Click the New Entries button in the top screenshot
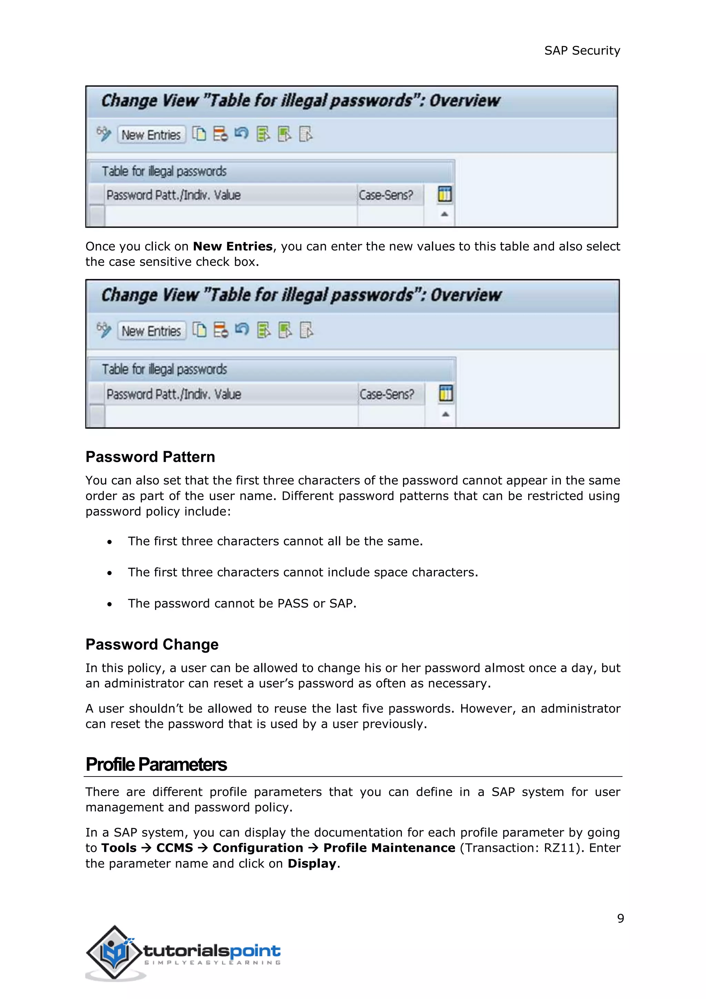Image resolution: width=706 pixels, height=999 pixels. click(151, 135)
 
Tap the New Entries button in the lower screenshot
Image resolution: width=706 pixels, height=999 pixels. click(151, 331)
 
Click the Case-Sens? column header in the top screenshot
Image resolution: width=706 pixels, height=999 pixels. click(386, 195)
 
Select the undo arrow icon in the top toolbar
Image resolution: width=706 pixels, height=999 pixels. click(241, 133)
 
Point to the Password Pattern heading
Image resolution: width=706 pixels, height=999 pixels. click(150, 457)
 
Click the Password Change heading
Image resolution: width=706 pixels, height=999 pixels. click(152, 644)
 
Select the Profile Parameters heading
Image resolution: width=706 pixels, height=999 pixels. click(156, 764)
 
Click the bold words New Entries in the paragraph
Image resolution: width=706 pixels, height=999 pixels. click(233, 246)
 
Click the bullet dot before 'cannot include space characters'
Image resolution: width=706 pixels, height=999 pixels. click(110, 573)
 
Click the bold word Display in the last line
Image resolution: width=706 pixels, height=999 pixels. click(312, 864)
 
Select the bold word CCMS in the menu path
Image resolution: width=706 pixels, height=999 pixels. click(174, 848)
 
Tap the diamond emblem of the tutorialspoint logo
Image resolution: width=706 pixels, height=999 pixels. click(114, 952)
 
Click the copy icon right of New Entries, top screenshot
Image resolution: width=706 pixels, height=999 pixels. click(199, 133)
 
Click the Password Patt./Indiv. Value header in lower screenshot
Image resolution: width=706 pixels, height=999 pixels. click(174, 394)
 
